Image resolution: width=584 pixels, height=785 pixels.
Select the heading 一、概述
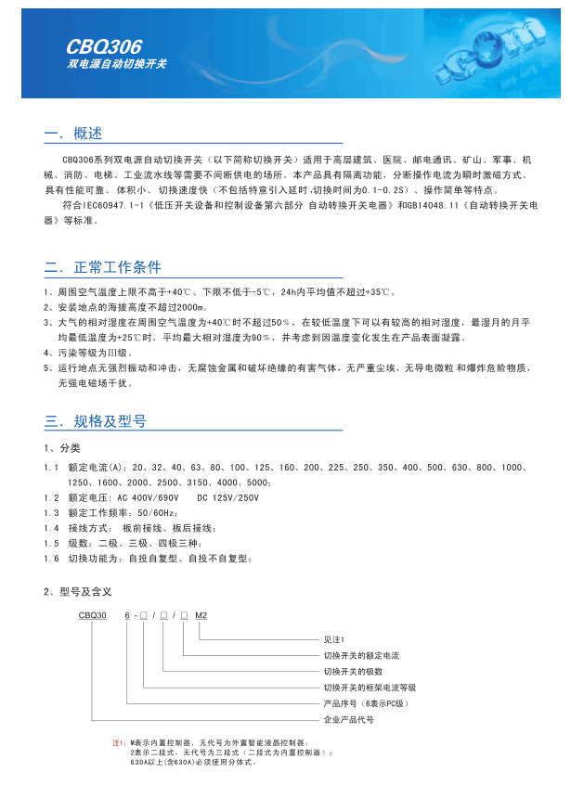[x=72, y=135]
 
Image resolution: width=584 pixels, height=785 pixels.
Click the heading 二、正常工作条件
[x=102, y=268]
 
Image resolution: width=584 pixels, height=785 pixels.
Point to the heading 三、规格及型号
[x=95, y=421]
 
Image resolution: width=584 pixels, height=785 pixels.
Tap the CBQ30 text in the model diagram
[x=93, y=615]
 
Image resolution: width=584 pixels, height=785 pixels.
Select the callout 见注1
[x=333, y=640]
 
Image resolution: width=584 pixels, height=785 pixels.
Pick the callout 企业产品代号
[x=348, y=719]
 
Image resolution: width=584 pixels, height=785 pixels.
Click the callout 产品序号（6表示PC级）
[x=366, y=703]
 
